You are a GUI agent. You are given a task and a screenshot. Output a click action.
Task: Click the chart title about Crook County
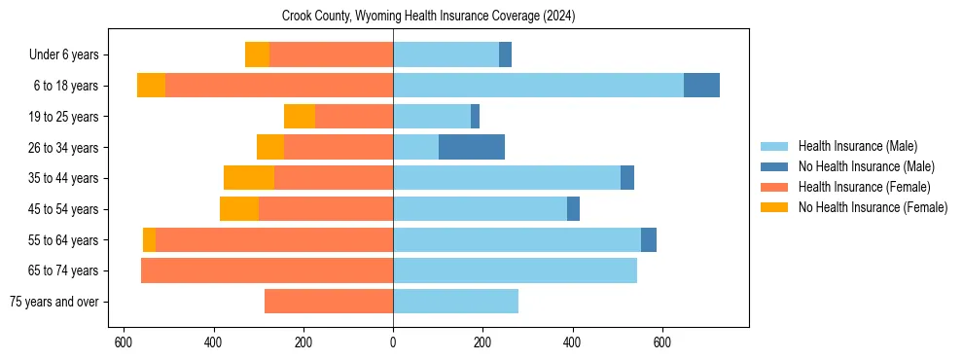point(429,17)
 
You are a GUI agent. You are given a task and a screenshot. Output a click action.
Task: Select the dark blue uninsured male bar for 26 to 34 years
point(472,147)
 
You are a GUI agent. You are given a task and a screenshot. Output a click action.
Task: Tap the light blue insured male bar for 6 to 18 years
point(538,86)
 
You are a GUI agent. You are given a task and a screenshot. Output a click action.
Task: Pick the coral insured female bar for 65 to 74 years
point(267,270)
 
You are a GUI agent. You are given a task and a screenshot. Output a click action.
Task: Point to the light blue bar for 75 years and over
point(455,302)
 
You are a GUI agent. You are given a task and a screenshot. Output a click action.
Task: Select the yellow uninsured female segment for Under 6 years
point(257,54)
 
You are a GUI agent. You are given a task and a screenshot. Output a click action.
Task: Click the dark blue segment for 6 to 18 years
point(701,86)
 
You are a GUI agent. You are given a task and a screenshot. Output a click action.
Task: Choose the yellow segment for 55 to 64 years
point(149,239)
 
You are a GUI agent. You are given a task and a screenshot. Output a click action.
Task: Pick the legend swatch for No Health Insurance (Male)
point(774,166)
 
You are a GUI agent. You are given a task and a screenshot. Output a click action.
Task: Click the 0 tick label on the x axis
point(393,342)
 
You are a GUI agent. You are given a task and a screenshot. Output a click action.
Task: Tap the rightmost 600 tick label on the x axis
point(662,342)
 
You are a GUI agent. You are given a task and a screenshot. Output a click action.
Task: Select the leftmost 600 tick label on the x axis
point(124,342)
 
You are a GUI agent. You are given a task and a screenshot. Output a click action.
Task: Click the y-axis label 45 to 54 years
point(62,209)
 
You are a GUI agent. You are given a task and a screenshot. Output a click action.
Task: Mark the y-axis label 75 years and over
point(54,302)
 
